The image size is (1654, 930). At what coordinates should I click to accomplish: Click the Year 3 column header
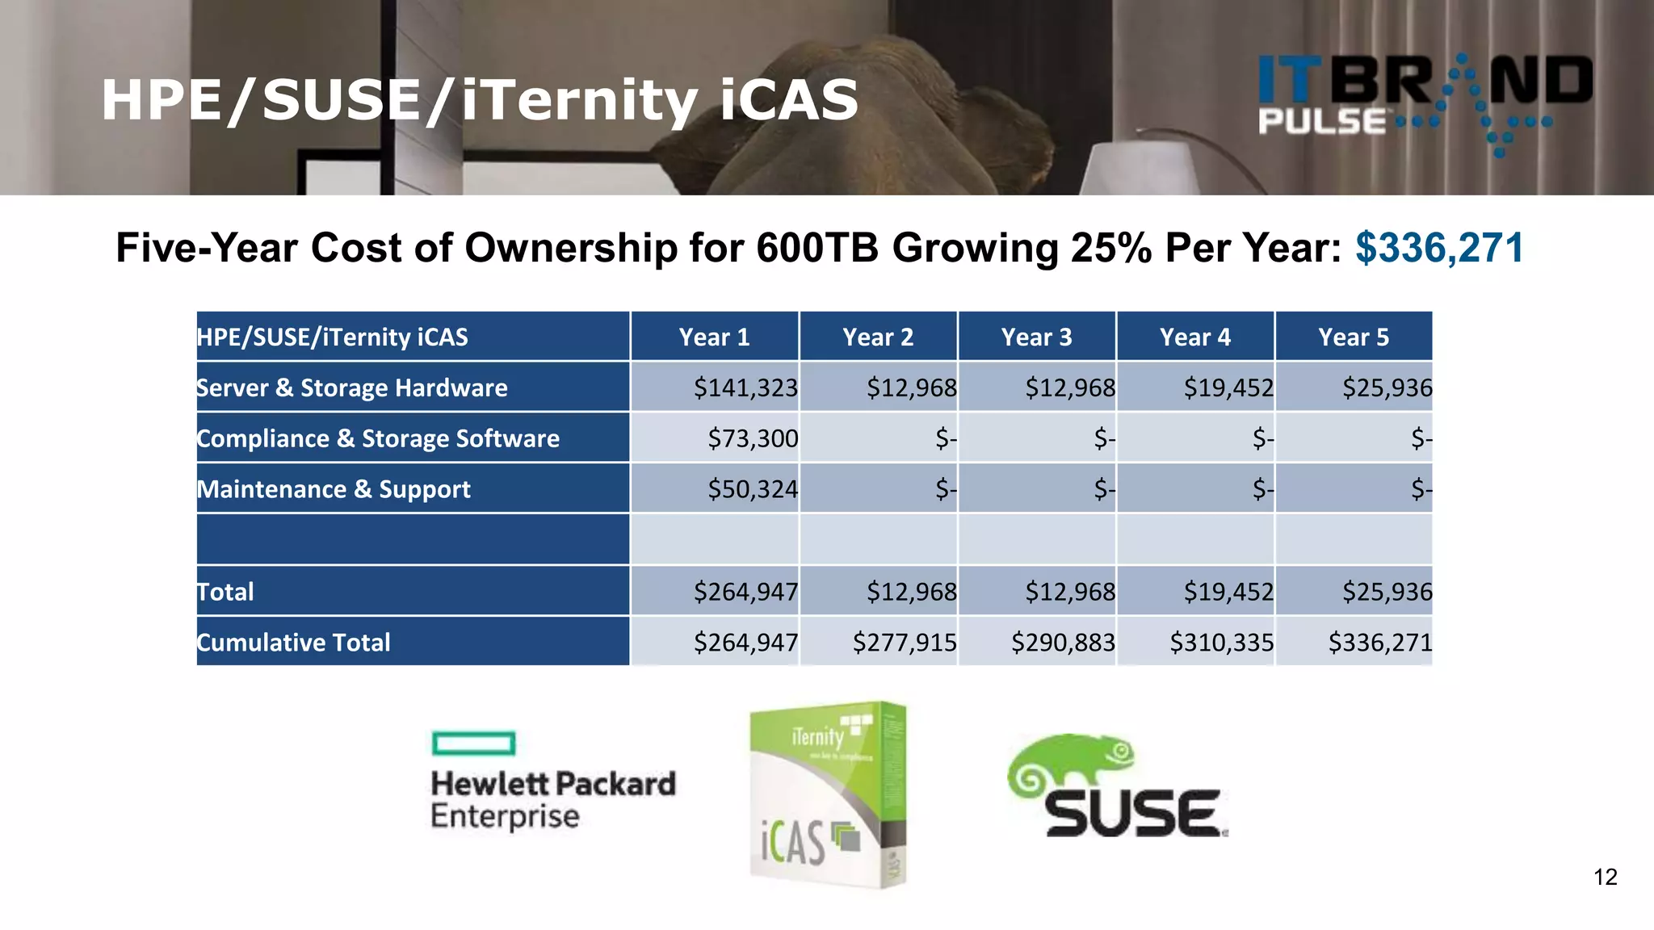coord(1036,337)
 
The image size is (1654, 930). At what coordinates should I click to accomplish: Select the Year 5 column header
coord(1354,337)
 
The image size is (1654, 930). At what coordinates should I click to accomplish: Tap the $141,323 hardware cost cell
coord(745,387)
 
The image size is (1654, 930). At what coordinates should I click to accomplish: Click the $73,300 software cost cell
coord(753,438)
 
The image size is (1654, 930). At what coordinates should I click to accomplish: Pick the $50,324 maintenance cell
coord(753,489)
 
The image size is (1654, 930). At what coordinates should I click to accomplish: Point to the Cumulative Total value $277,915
coord(905,643)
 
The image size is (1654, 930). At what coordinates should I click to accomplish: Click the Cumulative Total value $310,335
coord(1221,643)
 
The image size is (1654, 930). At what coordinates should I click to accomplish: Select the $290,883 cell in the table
coord(1063,643)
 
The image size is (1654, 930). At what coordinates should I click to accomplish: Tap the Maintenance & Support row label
coord(334,489)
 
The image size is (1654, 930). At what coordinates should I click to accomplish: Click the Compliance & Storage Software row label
coord(378,438)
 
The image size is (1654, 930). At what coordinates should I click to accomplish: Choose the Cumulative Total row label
coord(294,643)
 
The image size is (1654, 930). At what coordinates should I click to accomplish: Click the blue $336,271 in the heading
coord(1439,248)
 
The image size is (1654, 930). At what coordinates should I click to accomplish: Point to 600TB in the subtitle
coord(817,248)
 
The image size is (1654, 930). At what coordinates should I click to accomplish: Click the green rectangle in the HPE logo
coord(473,743)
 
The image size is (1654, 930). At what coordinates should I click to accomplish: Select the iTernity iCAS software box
coord(828,795)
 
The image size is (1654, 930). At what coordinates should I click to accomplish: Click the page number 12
coord(1606,877)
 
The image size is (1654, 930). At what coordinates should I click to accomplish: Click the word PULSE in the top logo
coord(1322,122)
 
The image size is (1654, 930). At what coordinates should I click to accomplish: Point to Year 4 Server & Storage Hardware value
coord(1228,387)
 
